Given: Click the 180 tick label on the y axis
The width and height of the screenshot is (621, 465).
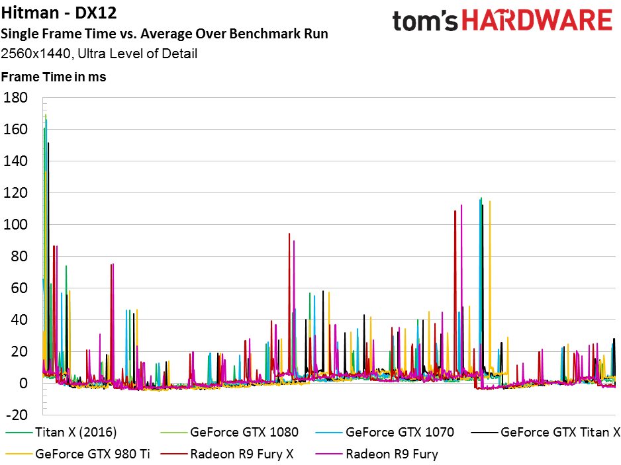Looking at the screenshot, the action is point(15,97).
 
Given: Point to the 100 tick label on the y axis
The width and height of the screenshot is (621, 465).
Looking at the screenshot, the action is point(15,224).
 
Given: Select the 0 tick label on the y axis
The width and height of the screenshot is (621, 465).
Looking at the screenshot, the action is point(23,383).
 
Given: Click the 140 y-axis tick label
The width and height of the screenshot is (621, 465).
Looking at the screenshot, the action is point(15,161).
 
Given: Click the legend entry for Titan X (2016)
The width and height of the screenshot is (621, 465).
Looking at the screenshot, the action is point(62,432).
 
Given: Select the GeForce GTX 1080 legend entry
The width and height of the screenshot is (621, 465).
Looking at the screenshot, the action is point(230,432).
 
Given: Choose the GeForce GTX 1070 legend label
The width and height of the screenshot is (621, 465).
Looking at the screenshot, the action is point(385,432).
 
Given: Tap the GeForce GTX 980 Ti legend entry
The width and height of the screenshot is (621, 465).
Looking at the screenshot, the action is point(78,454).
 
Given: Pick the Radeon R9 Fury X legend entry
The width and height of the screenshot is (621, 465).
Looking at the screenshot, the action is point(227,454).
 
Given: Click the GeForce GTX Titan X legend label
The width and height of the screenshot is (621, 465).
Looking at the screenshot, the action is point(546,432).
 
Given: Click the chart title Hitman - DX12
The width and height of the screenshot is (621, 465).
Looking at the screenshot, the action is point(59,13).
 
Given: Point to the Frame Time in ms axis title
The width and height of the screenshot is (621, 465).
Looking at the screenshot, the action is point(54,77).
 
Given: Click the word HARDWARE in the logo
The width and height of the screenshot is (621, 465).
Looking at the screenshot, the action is point(537,21).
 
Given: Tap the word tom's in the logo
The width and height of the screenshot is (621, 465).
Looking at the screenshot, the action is point(425,21).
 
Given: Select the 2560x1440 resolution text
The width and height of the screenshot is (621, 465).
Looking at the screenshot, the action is point(35,54).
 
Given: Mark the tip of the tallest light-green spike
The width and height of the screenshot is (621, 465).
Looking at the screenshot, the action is point(46,115).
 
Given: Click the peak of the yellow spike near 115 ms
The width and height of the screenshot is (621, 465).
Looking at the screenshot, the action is point(490,201).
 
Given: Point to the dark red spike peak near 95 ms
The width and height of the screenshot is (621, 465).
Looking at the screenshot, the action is point(289,233).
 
